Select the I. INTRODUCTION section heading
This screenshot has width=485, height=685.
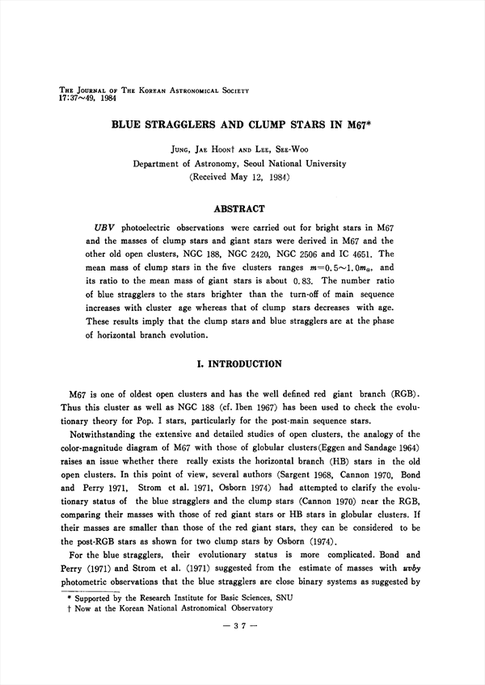click(242, 364)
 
